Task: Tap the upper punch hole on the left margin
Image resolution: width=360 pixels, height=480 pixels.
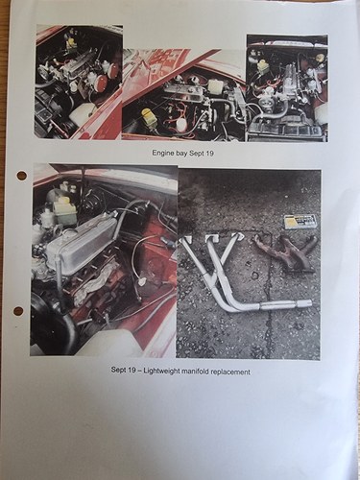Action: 21,175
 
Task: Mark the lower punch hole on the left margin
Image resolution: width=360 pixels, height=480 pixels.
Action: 17,310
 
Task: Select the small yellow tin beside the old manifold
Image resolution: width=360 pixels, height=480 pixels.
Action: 300,221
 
